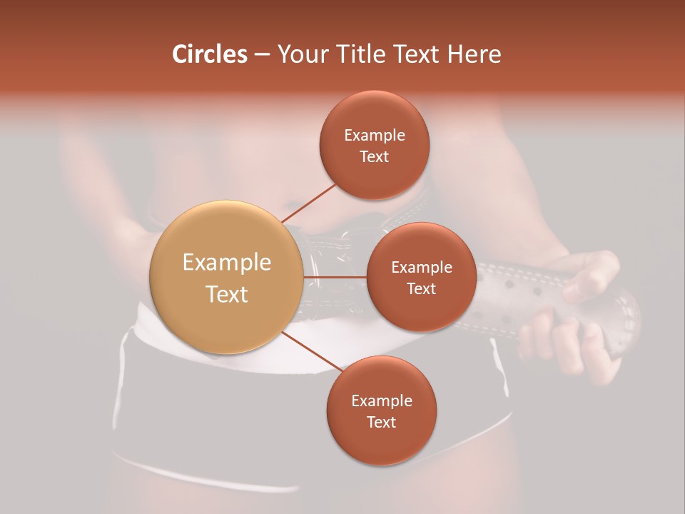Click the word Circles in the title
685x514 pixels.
pyautogui.click(x=209, y=54)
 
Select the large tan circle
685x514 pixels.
pyautogui.click(x=227, y=277)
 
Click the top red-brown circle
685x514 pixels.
pyautogui.click(x=375, y=145)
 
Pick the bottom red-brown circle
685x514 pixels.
pyautogui.click(x=382, y=410)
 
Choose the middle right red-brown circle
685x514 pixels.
pyautogui.click(x=421, y=277)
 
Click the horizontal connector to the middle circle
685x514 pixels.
pyautogui.click(x=335, y=277)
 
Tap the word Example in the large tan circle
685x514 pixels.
pyautogui.click(x=227, y=263)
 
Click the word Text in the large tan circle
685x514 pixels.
pyautogui.click(x=227, y=294)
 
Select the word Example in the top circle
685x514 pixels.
pyautogui.click(x=375, y=136)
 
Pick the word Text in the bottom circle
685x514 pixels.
pyautogui.click(x=382, y=422)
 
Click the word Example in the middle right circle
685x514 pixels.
pyautogui.click(x=421, y=268)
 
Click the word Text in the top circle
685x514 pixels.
pyautogui.click(x=375, y=157)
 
